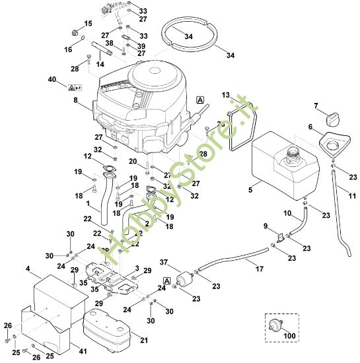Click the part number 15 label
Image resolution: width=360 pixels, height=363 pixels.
pyautogui.click(x=88, y=24)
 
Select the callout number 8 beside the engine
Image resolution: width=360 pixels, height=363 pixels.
pyautogui.click(x=75, y=100)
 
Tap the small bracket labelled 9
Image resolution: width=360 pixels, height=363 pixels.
pyautogui.click(x=279, y=236)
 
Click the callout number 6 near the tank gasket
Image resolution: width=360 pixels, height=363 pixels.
pyautogui.click(x=310, y=127)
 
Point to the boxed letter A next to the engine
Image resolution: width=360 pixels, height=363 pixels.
pyautogui.click(x=200, y=100)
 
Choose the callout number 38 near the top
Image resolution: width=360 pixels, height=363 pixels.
pyautogui.click(x=110, y=42)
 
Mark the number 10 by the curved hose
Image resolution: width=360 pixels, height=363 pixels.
pyautogui.click(x=288, y=213)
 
